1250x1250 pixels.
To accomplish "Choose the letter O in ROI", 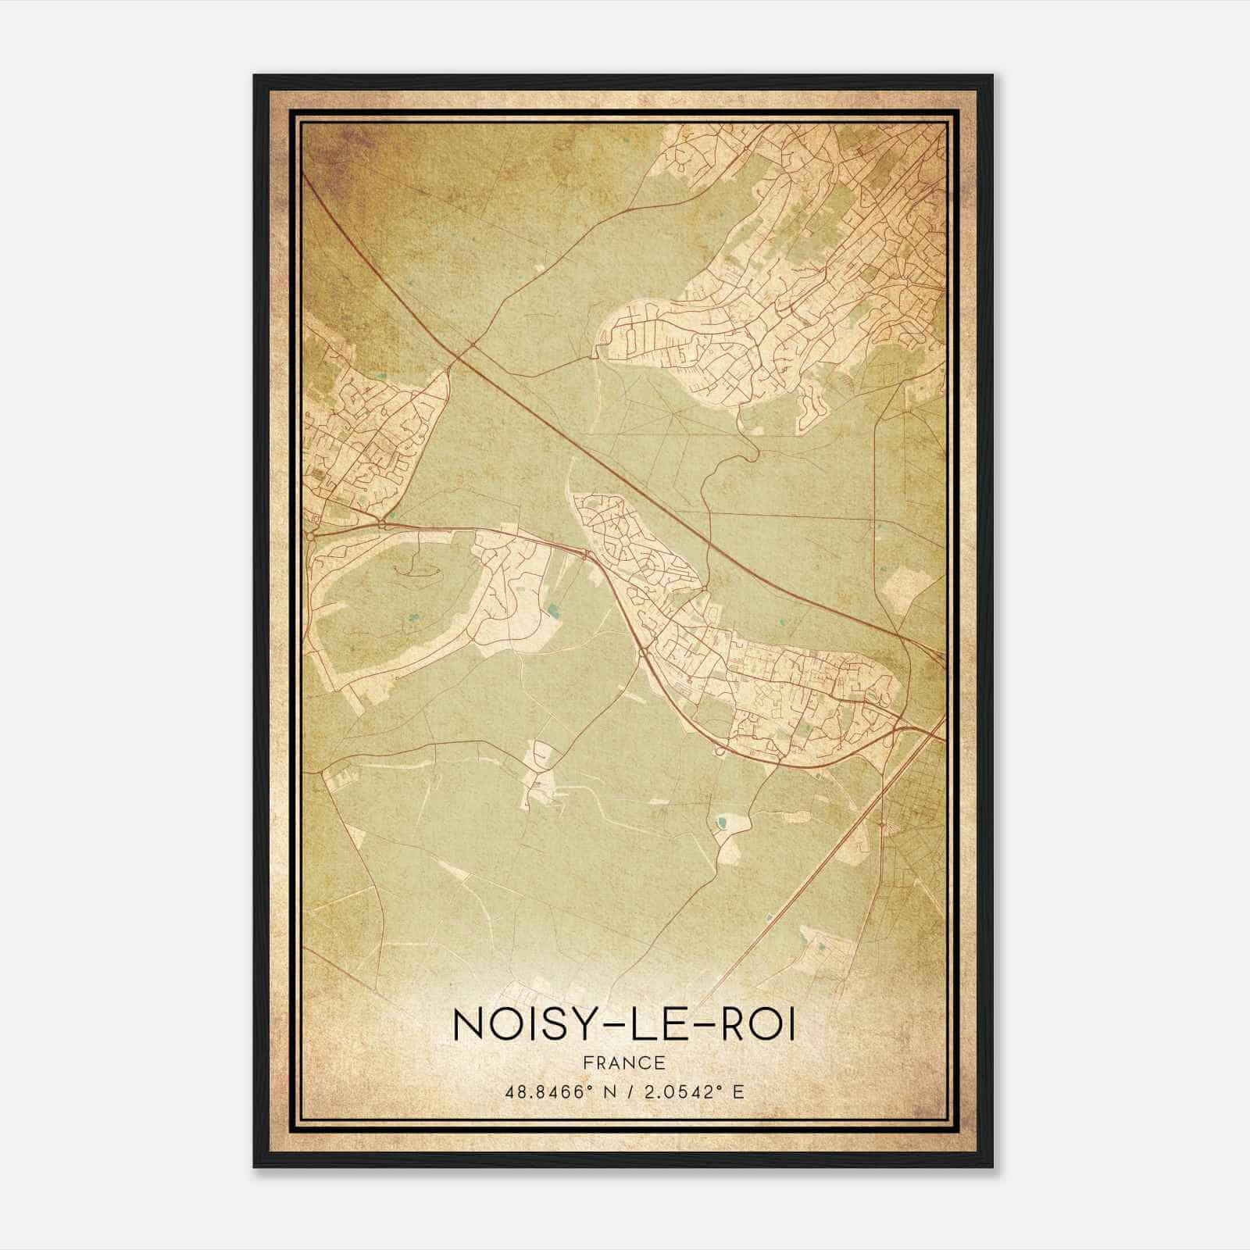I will (756, 1026).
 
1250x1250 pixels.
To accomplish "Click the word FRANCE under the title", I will (623, 1062).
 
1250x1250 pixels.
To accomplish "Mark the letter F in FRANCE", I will (587, 1062).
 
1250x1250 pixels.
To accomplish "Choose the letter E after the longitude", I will (738, 1091).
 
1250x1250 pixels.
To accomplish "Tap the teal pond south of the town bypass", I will (720, 821).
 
